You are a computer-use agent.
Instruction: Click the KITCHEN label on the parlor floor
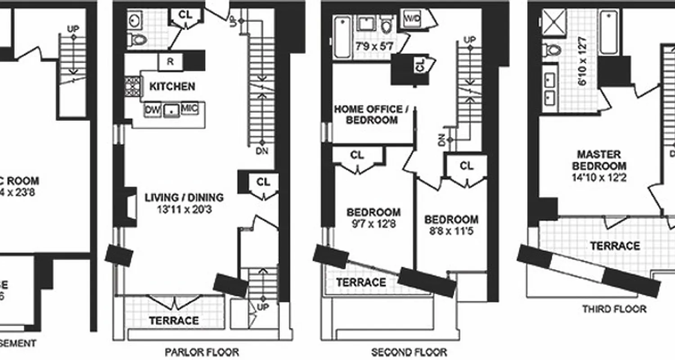coord(172,86)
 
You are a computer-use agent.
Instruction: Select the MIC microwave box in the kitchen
coord(189,109)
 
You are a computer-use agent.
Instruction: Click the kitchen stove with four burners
coord(133,86)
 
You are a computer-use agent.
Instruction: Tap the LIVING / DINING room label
coord(184,197)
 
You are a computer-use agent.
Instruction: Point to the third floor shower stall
coord(554,21)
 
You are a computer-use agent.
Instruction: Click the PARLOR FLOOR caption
coord(202,352)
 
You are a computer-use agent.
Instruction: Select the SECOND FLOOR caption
coord(409,352)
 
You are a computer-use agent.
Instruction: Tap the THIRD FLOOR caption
coord(614,309)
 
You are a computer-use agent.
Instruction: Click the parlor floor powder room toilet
coord(137,40)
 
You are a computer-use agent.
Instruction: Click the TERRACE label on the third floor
coord(615,246)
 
